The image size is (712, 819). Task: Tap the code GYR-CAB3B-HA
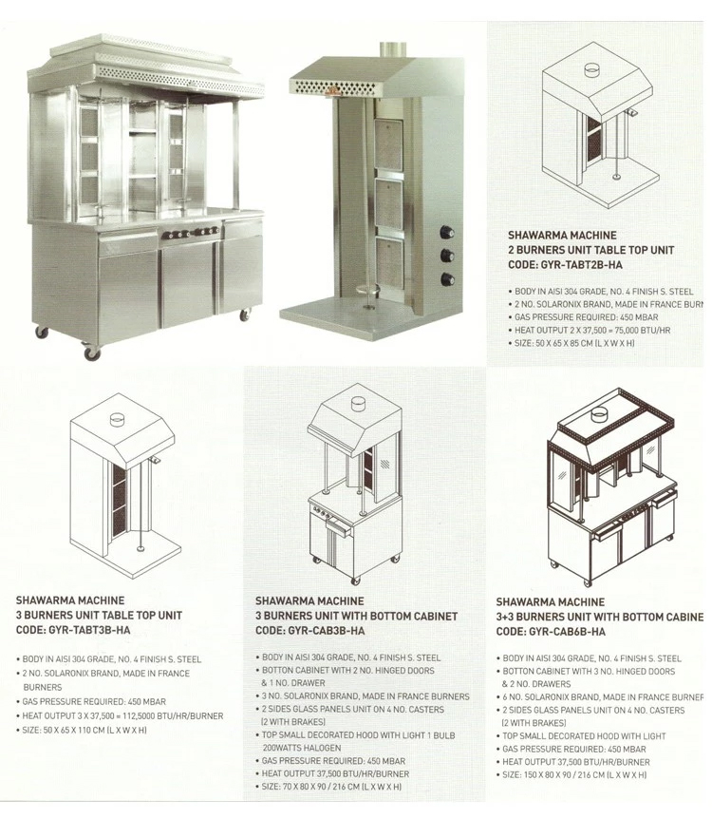pyautogui.click(x=310, y=631)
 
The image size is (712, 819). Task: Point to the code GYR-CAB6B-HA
pyautogui.click(x=551, y=632)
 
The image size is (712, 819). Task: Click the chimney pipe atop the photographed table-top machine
pyautogui.click(x=390, y=48)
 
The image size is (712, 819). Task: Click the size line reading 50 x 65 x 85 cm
pyautogui.click(x=571, y=343)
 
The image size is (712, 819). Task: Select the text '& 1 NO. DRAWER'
pyautogui.click(x=294, y=683)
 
